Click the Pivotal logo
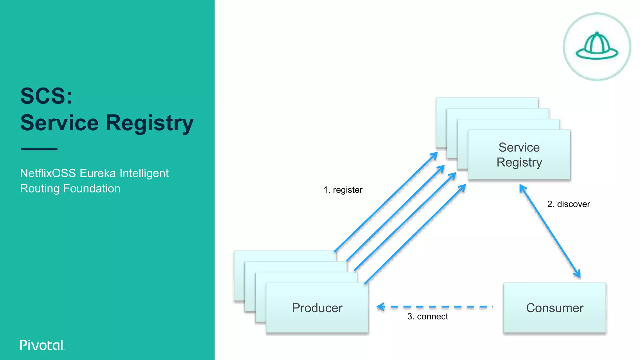pos(42,345)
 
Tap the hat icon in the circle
pos(597,47)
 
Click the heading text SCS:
pos(46,96)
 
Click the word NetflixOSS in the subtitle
pos(48,173)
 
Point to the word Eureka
pos(98,173)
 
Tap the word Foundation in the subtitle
pos(92,188)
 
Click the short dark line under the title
pos(39,149)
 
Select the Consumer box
pos(554,308)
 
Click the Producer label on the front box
pos(317,308)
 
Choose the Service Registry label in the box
pos(519,155)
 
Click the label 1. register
pos(343,190)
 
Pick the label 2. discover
pos(568,204)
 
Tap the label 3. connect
pos(427,317)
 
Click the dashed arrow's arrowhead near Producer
pos(381,307)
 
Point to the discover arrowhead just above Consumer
pos(578,274)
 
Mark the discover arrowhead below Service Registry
pos(522,188)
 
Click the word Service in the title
pos(59,123)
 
